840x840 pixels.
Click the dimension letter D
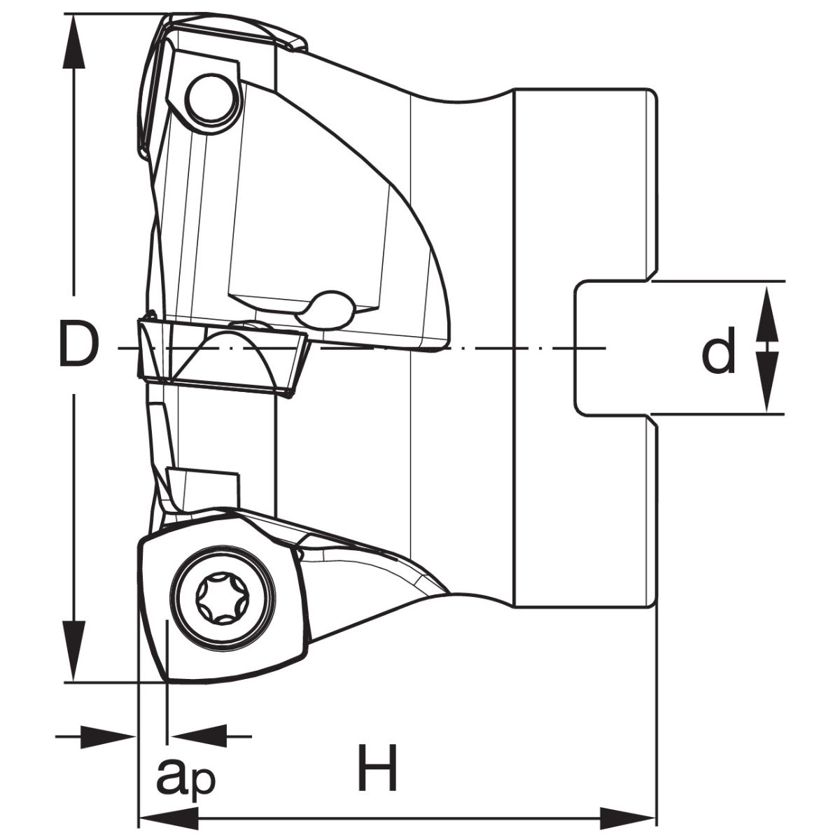tap(77, 344)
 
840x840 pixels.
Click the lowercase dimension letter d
tap(718, 351)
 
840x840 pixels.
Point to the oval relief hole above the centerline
tap(329, 309)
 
